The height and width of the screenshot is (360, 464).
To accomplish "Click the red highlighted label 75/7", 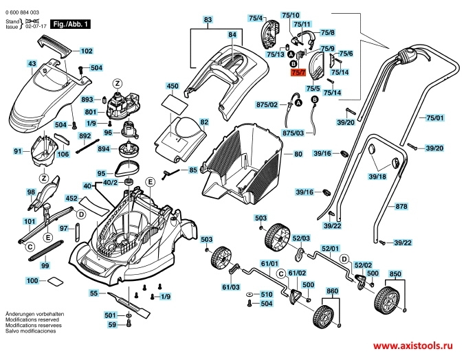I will click(298, 71).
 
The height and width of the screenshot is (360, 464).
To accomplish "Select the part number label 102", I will click(87, 51).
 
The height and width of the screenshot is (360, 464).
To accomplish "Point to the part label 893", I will click(87, 99).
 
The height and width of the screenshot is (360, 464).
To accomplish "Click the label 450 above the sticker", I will click(173, 87).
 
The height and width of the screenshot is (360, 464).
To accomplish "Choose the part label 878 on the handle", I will click(402, 206).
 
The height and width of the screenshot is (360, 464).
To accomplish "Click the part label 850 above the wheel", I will click(395, 274).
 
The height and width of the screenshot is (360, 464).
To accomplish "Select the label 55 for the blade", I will click(93, 293).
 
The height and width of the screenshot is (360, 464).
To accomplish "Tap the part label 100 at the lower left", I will click(32, 281).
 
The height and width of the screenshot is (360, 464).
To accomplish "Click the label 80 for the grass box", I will click(298, 154).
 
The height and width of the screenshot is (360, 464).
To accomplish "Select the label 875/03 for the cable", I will click(293, 132).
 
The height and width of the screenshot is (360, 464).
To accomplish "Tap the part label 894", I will click(103, 148).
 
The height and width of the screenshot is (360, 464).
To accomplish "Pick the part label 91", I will click(18, 151).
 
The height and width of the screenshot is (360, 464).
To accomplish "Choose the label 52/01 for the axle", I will click(331, 248).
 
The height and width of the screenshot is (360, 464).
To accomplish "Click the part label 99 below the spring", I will click(45, 265).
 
